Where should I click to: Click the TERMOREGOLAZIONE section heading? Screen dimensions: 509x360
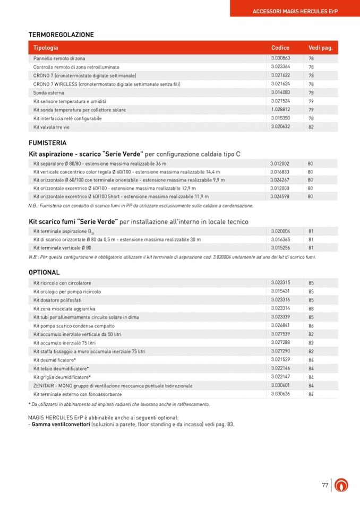coord(61,35)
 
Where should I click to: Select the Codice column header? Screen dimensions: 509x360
coord(280,48)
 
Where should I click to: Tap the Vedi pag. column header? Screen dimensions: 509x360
coord(320,48)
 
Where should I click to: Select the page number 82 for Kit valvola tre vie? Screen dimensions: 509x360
coord(311,127)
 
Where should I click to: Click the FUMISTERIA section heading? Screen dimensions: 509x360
coord(47,143)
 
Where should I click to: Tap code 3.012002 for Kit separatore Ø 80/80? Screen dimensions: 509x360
coord(280,163)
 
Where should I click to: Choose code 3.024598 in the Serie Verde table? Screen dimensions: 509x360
coord(280,196)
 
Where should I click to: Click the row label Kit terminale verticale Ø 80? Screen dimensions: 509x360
coord(62,248)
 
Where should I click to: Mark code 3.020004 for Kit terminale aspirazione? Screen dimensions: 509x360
coord(280,231)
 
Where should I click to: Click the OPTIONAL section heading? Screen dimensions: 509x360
coord(44,272)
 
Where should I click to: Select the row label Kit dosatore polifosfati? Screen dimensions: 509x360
coord(57,300)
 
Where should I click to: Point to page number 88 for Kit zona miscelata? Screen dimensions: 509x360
coord(311,308)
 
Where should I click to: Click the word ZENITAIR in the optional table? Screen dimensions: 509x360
coord(45,386)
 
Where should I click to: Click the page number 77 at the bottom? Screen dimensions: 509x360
coord(325,485)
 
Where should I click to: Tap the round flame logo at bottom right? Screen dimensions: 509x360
coord(342,485)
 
